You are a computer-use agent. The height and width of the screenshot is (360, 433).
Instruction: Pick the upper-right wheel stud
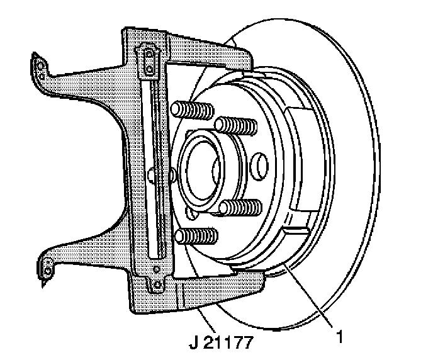[238, 127]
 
